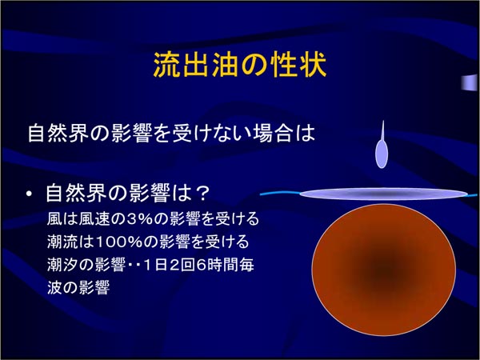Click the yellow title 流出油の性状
(x=240, y=65)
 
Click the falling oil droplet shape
(x=382, y=145)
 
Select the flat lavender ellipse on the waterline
(x=383, y=194)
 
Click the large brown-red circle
(x=383, y=270)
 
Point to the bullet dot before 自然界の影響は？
(x=30, y=194)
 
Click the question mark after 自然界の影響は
(x=202, y=194)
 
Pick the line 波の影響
(x=78, y=287)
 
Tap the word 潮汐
(x=62, y=265)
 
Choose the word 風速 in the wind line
(x=94, y=219)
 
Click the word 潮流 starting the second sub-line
(x=62, y=242)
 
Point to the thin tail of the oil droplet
(x=382, y=130)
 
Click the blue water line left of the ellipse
(x=280, y=193)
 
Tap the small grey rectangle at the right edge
(x=470, y=82)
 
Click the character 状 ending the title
(x=314, y=65)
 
